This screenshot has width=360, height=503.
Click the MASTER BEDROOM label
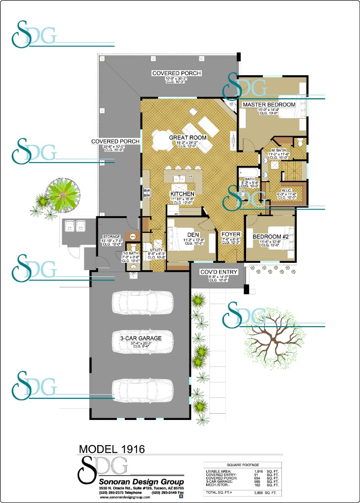[x=269, y=105]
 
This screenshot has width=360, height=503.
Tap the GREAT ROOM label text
[x=188, y=138]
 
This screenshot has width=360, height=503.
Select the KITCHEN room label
[x=183, y=194]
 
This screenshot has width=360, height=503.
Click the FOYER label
[x=230, y=235]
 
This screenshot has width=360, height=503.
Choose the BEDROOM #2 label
[x=270, y=236]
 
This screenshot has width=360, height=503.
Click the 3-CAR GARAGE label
[x=140, y=338]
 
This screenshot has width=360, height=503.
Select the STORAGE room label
[x=111, y=236]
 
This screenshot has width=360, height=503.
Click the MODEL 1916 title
[x=111, y=449]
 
